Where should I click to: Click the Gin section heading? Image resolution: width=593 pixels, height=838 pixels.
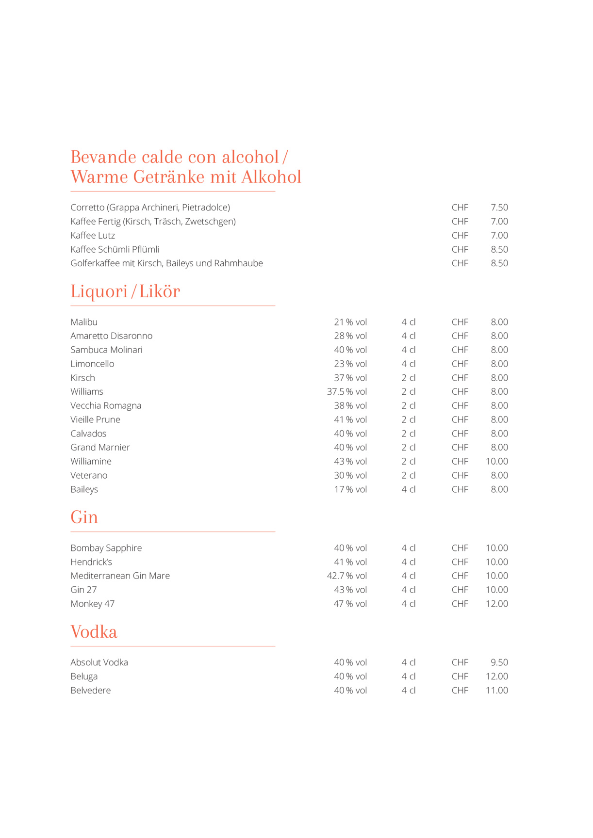84,517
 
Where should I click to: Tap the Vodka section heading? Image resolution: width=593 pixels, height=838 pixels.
94,632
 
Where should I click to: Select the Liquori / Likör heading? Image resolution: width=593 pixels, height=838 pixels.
125,291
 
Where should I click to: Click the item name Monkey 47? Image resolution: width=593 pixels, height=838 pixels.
92,604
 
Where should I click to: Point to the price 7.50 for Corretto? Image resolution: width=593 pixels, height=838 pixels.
499,208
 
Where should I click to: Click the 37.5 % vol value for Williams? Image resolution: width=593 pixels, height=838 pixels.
346,391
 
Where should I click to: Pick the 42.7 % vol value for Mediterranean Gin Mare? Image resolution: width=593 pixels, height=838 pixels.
346,576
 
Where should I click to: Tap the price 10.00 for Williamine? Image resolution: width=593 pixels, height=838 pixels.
496,461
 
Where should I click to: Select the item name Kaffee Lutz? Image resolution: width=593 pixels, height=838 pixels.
93,236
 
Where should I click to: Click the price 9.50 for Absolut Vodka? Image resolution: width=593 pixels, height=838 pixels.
499,662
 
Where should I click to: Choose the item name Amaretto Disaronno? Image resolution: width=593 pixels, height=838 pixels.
111,336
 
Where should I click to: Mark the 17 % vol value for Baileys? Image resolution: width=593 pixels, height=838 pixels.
350,489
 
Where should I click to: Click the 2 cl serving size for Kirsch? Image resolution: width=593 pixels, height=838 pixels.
408,378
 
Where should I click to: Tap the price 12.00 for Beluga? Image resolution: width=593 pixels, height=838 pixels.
496,677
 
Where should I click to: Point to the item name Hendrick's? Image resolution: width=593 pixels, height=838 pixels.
91,562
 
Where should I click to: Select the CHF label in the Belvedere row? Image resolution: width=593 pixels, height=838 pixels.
460,691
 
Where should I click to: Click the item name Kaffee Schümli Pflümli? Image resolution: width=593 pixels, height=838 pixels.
115,249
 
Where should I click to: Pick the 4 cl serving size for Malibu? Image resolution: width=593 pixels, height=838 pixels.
408,322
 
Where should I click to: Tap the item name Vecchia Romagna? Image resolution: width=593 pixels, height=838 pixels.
106,405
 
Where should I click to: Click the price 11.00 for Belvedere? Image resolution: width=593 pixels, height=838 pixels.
496,691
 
